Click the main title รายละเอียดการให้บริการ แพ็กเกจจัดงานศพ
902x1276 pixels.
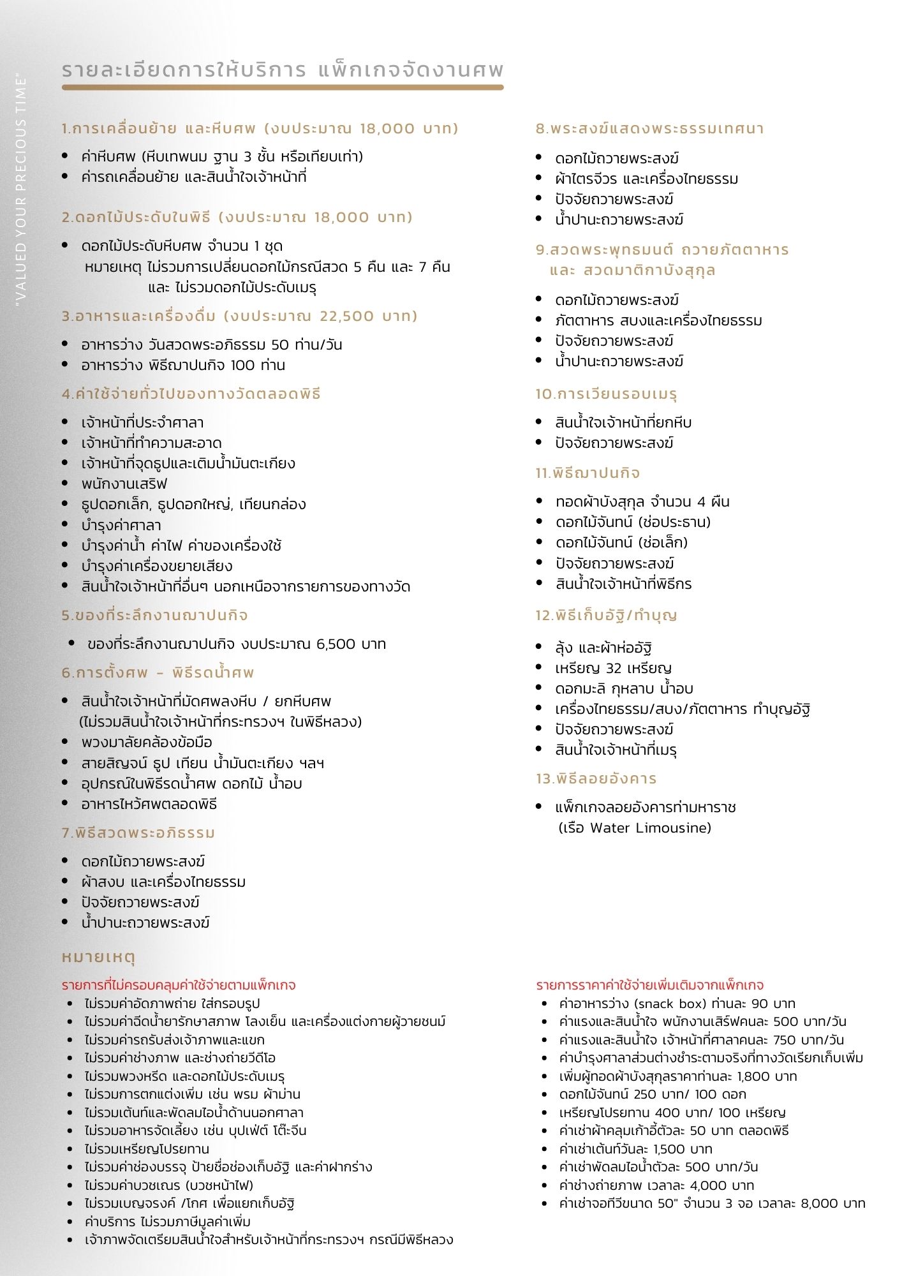coord(283,70)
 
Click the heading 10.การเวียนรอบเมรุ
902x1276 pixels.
coord(606,394)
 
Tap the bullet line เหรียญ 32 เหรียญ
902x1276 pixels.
coord(613,669)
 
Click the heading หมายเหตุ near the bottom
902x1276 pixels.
coord(99,957)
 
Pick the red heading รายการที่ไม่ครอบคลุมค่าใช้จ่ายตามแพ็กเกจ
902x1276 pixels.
coord(179,985)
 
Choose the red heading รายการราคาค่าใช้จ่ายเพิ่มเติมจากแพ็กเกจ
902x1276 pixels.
coord(649,985)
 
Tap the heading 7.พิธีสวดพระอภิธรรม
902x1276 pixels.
coord(138,833)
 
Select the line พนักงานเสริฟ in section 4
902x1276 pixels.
coord(124,484)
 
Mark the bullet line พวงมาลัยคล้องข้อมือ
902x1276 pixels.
coord(147,743)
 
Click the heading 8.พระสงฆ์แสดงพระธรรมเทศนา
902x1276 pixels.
coord(649,129)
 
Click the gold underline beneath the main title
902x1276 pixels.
coord(283,87)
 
